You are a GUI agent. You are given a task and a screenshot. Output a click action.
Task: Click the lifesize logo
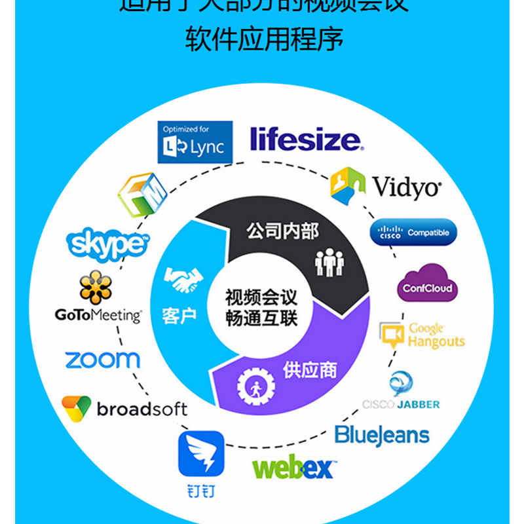coord(305,140)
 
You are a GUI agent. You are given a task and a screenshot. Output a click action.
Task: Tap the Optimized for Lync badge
coord(196,141)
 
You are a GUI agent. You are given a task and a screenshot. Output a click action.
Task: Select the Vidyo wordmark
coord(407,187)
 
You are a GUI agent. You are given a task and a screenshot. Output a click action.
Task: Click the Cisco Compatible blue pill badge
coord(414,233)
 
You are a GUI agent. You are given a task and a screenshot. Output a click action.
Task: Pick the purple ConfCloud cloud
coord(426,283)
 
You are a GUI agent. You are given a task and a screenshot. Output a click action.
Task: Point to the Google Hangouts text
coord(436,335)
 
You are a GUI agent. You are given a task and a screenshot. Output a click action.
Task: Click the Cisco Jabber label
coord(401,404)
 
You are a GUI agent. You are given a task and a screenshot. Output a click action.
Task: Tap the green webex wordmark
coord(293,468)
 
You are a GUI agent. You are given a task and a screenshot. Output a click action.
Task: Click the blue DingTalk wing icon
coord(201,454)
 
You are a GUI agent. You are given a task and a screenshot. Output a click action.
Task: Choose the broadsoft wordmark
coord(141,409)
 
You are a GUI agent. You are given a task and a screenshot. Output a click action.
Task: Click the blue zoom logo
coord(102,360)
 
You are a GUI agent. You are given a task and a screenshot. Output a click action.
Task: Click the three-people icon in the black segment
coord(329,262)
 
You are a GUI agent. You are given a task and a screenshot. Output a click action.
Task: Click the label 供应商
coord(310,370)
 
